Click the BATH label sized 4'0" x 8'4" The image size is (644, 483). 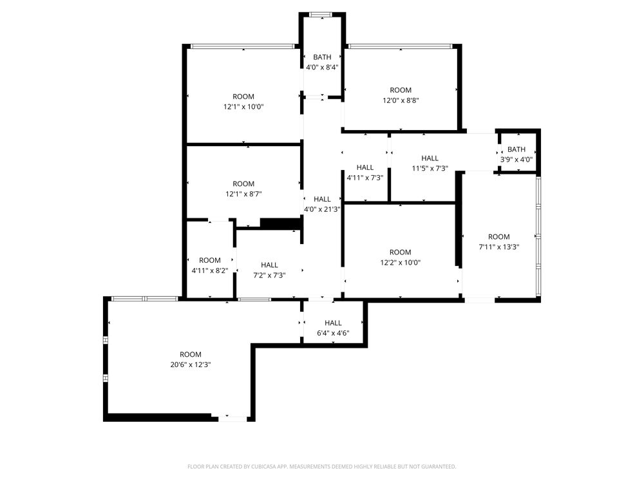pyautogui.click(x=322, y=57)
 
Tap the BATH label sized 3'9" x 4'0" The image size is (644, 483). pyautogui.click(x=516, y=149)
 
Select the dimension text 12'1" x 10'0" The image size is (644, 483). pyautogui.click(x=243, y=107)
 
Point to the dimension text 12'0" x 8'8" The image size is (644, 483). pyautogui.click(x=401, y=100)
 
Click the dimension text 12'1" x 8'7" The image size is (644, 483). pyautogui.click(x=243, y=194)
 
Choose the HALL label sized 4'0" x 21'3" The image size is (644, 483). pyautogui.click(x=322, y=199)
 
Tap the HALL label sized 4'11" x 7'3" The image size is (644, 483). pyautogui.click(x=365, y=167)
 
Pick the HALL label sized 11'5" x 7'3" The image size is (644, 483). pyautogui.click(x=430, y=158)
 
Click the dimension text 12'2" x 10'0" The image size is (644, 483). pyautogui.click(x=401, y=263)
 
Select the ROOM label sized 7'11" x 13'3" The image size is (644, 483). pyautogui.click(x=499, y=237)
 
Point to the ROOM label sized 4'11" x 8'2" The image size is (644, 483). pyautogui.click(x=210, y=260)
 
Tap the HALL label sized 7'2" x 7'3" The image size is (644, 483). pyautogui.click(x=269, y=265)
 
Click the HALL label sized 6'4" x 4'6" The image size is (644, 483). pyautogui.click(x=333, y=323)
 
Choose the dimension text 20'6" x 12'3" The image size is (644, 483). pyautogui.click(x=191, y=365)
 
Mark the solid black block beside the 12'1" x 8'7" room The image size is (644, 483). pyautogui.click(x=281, y=224)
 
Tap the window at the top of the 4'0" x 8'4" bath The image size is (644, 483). pyautogui.click(x=321, y=15)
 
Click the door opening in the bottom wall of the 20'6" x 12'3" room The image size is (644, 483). pyautogui.click(x=232, y=419)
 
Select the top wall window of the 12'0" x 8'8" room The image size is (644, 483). pyautogui.click(x=400, y=46)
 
